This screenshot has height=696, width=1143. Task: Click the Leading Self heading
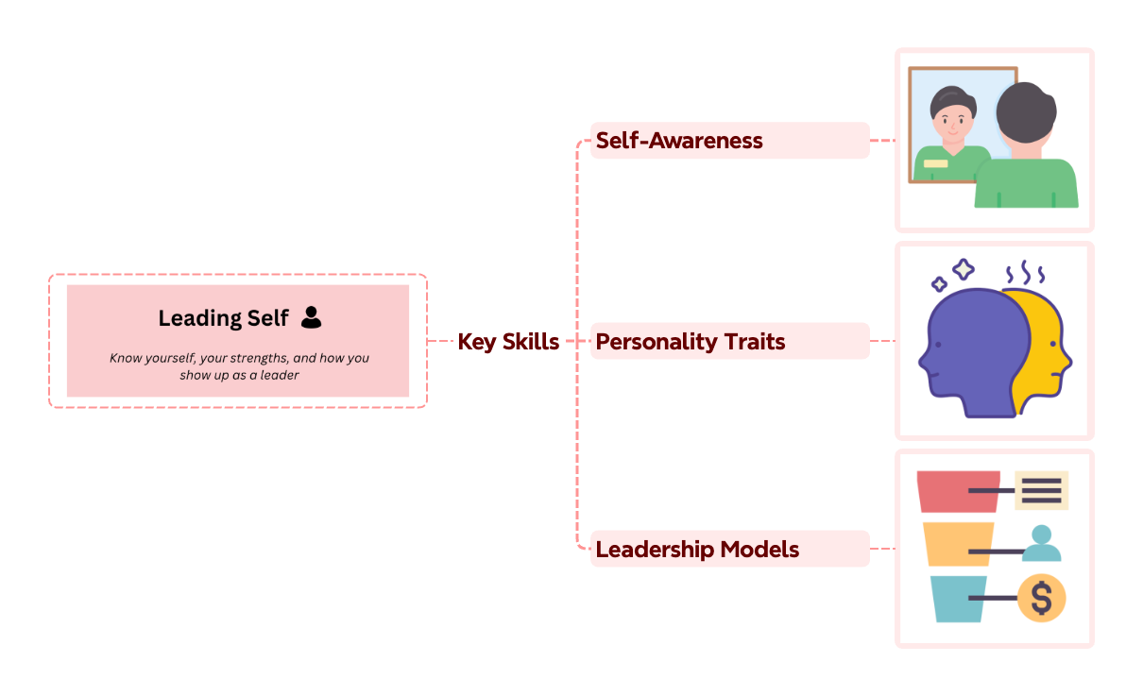[223, 318]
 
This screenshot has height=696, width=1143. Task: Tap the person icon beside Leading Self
[311, 318]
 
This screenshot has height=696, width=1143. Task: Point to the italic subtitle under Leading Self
[238, 366]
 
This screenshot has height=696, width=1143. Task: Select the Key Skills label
[508, 341]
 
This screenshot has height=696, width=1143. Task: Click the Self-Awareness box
[729, 141]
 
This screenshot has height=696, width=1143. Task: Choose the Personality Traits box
[729, 341]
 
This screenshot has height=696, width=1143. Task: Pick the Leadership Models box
[729, 549]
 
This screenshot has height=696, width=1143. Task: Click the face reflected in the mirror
[948, 124]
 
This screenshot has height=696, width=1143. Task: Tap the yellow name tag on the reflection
[935, 163]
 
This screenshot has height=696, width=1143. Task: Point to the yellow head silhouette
[1044, 349]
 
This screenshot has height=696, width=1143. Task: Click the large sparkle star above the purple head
[963, 270]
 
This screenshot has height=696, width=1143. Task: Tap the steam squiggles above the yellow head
[1025, 274]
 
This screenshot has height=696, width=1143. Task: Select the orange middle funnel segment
[956, 543]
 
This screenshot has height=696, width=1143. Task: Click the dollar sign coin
[1041, 598]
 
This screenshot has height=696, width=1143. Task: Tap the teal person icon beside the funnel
[1041, 543]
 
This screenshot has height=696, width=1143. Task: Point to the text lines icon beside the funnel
[1041, 490]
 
